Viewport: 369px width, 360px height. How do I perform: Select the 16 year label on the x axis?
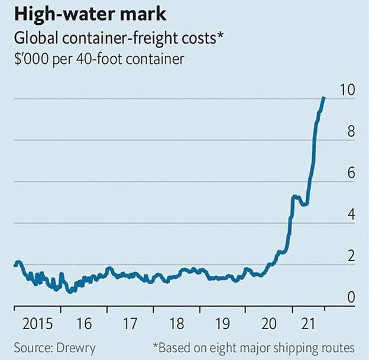(x=84, y=324)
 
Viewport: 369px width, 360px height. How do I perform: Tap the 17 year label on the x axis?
(x=130, y=324)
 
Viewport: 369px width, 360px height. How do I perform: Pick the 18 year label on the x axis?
(x=176, y=324)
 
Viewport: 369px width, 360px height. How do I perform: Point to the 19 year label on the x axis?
(x=222, y=324)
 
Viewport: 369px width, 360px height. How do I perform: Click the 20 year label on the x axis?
(x=269, y=324)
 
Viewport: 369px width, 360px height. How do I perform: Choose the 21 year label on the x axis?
(x=315, y=324)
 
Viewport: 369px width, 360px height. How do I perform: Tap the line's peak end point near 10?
(x=323, y=97)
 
